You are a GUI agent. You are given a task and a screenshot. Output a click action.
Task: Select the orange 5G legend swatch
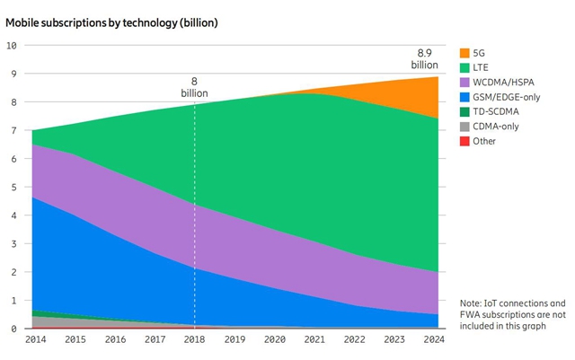[465, 53]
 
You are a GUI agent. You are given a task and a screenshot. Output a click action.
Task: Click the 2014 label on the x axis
[36, 341]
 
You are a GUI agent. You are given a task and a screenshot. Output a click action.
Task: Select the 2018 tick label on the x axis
[195, 341]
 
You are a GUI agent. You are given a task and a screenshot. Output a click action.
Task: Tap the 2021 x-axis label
[314, 341]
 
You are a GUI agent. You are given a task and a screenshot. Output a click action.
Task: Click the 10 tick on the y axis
[11, 45]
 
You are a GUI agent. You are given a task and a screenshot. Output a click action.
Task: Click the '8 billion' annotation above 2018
[194, 88]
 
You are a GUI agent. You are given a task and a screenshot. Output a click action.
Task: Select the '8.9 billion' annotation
[424, 59]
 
